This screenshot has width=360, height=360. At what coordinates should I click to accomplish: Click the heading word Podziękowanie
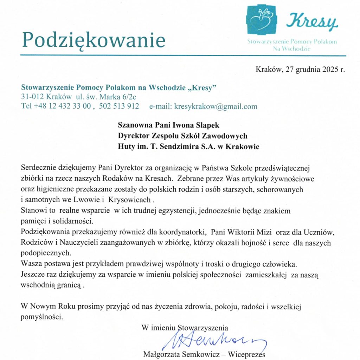coord(94,40)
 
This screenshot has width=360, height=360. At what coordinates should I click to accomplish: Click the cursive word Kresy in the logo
coord(312,21)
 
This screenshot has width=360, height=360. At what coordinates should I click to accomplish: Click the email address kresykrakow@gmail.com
coord(216,107)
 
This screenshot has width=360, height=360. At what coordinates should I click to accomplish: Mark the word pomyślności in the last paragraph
coord(42,317)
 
